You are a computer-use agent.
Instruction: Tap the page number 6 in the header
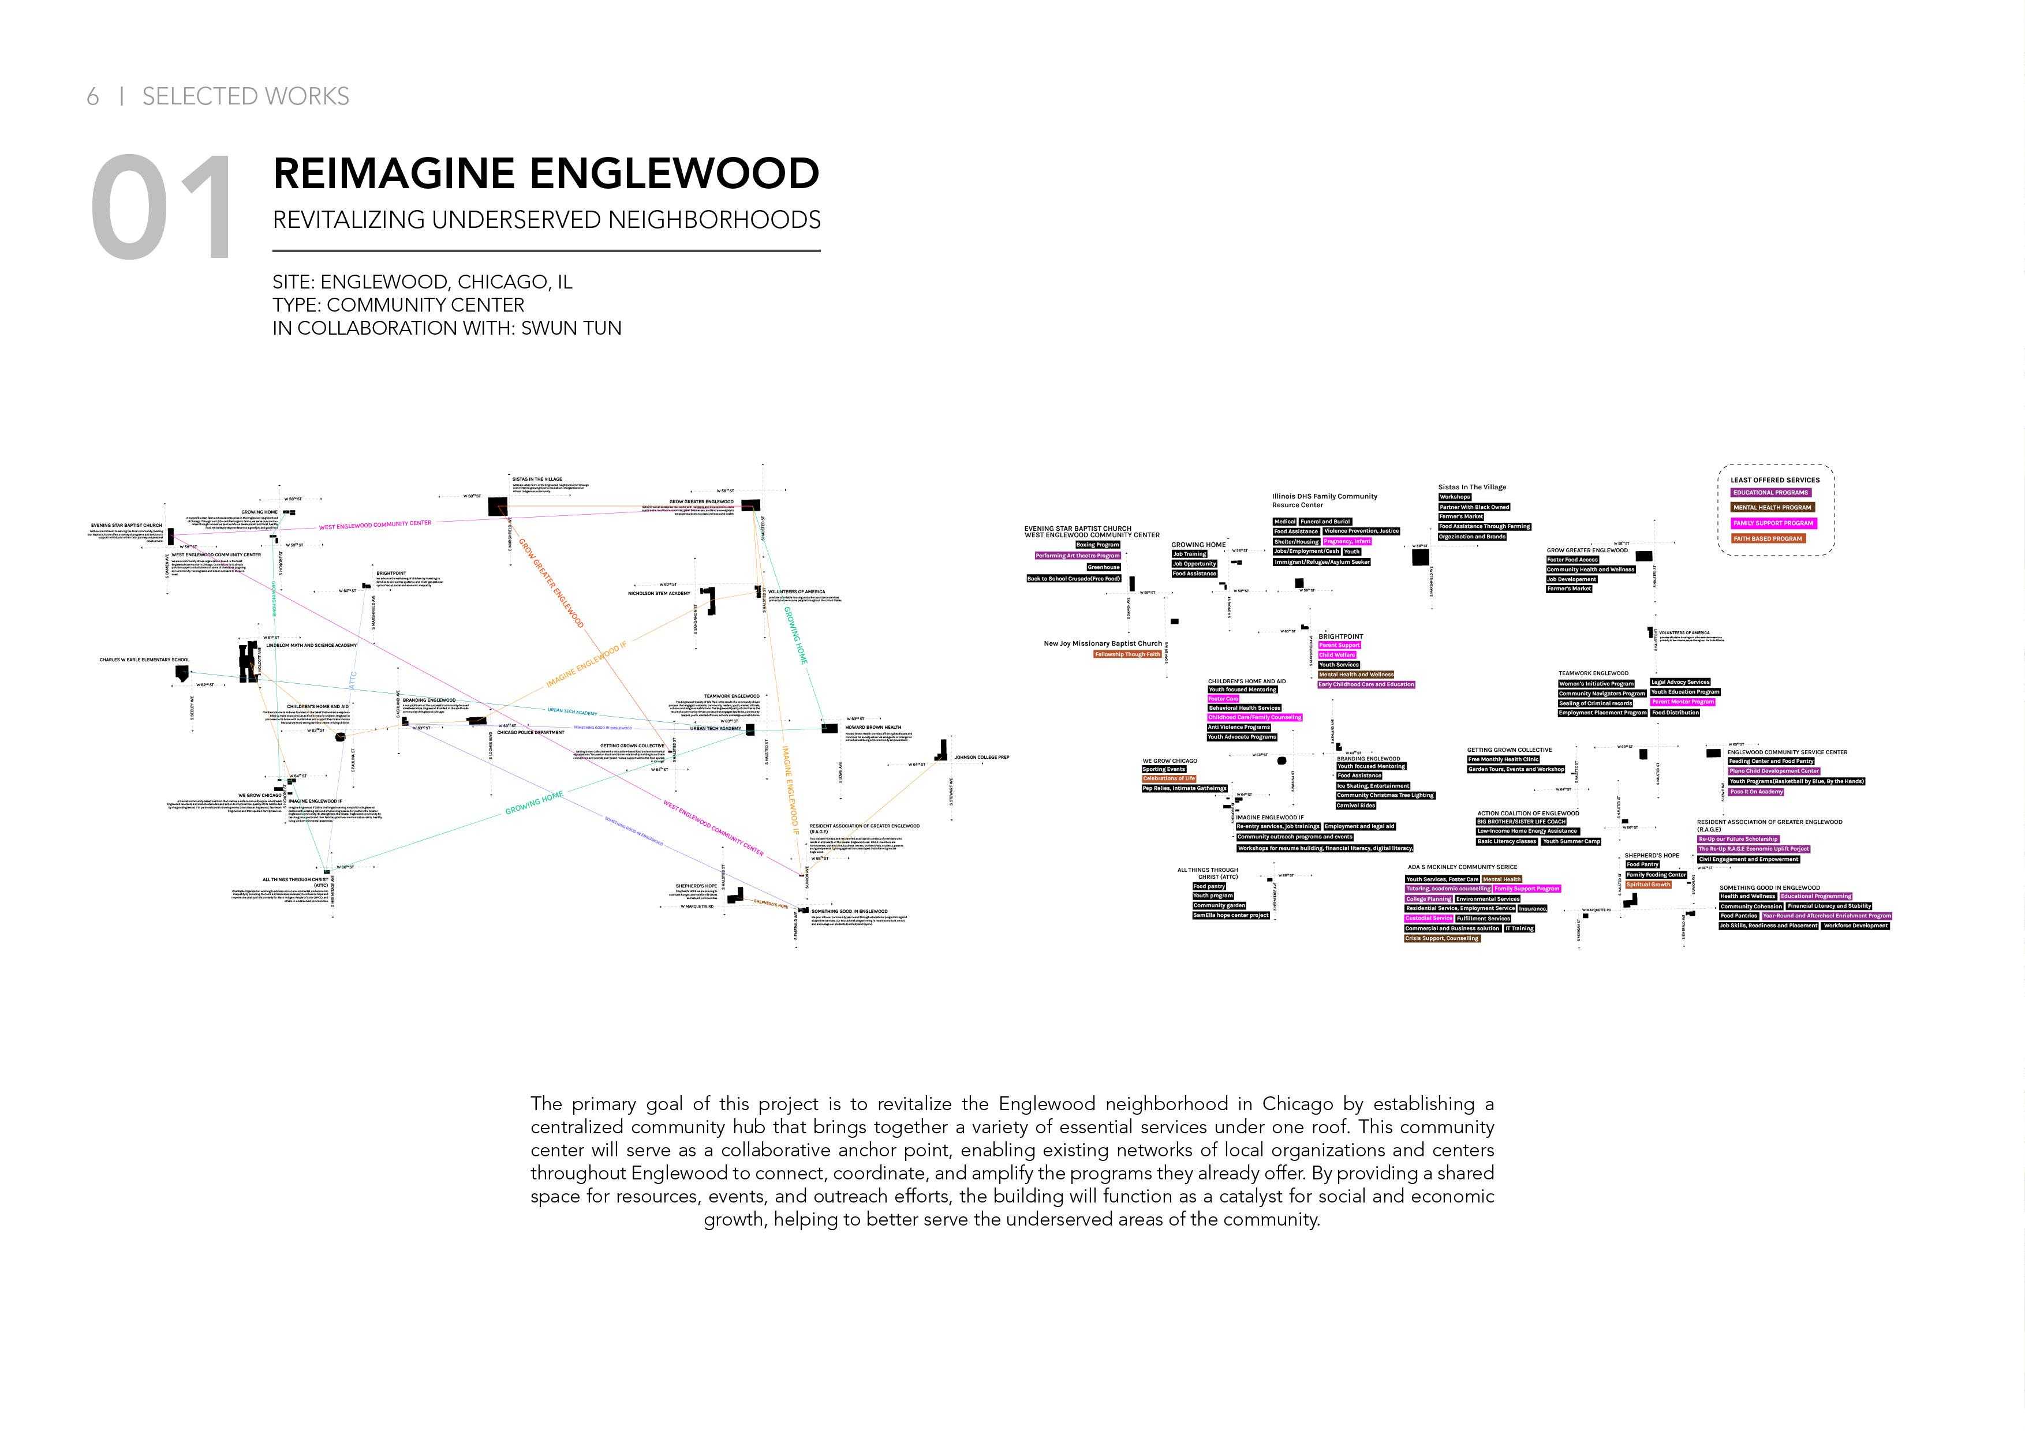click(x=92, y=96)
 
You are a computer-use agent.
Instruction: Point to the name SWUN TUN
click(x=571, y=328)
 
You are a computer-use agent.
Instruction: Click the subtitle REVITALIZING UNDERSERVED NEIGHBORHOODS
click(x=546, y=219)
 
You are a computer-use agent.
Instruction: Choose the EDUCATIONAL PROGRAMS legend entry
click(x=1770, y=493)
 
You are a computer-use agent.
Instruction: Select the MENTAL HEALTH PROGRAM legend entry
click(x=1772, y=508)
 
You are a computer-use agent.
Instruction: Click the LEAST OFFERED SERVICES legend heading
click(x=1774, y=480)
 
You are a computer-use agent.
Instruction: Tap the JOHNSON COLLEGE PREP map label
click(x=982, y=758)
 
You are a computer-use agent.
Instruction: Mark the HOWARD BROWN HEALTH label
click(x=873, y=728)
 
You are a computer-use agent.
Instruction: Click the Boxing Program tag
click(x=1097, y=545)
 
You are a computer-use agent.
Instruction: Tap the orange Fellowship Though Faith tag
click(x=1127, y=654)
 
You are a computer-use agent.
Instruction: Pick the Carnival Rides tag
click(x=1355, y=805)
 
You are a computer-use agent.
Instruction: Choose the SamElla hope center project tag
click(x=1230, y=915)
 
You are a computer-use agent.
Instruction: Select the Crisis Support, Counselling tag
click(x=1442, y=938)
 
